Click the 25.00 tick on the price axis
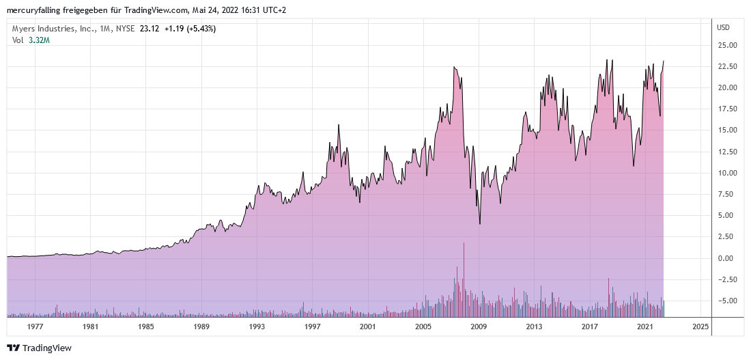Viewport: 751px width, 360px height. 726,45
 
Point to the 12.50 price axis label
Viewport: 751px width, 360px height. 726,151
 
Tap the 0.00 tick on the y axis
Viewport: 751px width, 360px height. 726,258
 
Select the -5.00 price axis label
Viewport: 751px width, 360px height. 726,301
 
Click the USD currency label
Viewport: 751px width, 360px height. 723,27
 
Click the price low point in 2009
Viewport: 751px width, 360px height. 479,223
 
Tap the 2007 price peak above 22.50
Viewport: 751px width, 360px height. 454,67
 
